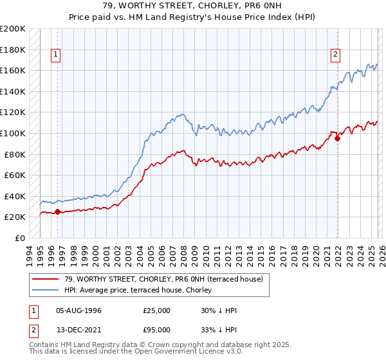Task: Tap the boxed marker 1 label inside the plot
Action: (x=57, y=55)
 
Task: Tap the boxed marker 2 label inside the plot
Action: (x=336, y=55)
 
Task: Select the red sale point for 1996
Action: (x=57, y=212)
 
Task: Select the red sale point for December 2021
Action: (x=338, y=138)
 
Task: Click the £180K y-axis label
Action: (x=13, y=49)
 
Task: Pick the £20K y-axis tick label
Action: (x=15, y=217)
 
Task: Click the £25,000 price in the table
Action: (x=156, y=310)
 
